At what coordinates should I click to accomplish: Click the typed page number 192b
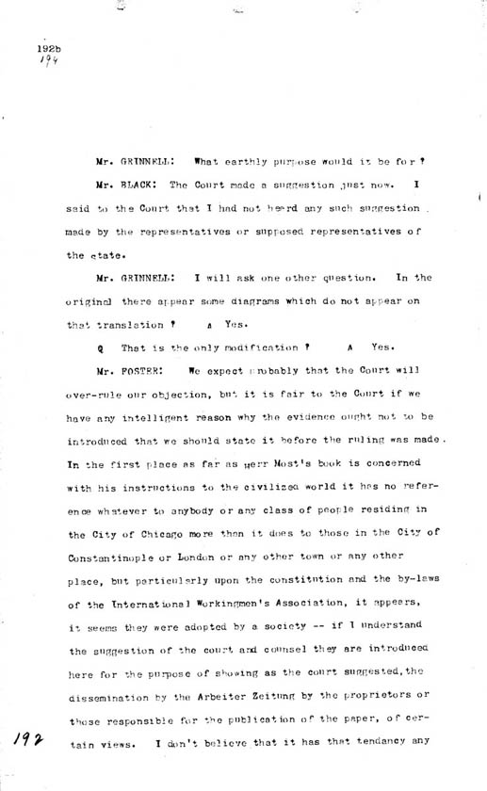[49, 47]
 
